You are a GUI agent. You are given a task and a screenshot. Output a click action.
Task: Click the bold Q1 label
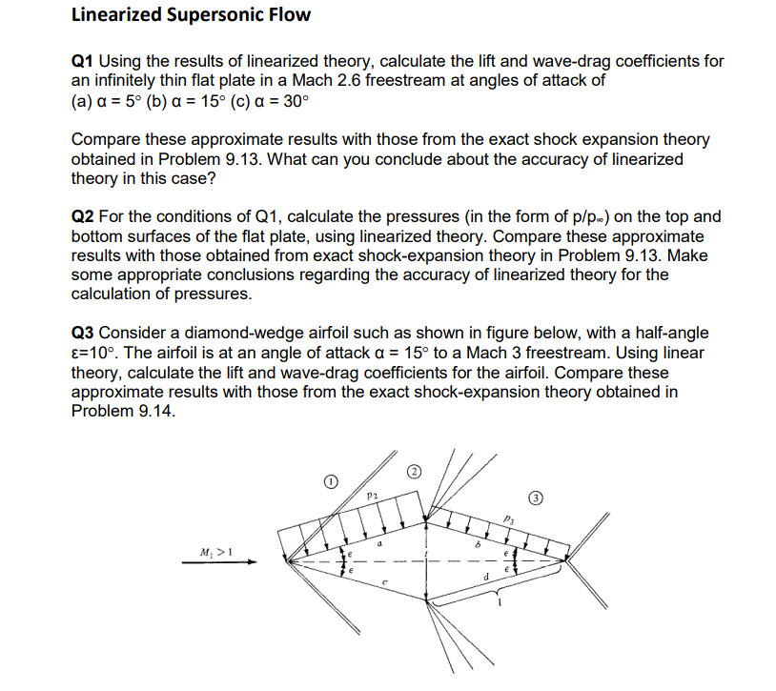coord(83,61)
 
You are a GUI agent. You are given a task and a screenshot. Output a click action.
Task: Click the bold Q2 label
coord(83,217)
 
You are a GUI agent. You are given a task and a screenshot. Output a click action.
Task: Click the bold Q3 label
coord(83,333)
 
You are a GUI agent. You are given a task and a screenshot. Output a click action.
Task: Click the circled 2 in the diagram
coord(414,471)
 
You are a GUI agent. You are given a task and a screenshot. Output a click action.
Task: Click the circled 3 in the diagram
coord(538,498)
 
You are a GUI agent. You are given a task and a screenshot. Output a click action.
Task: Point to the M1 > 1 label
coord(217,551)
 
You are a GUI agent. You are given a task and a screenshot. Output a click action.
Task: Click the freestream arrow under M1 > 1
coord(221,563)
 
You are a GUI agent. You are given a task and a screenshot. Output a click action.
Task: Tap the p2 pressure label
coord(374,497)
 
